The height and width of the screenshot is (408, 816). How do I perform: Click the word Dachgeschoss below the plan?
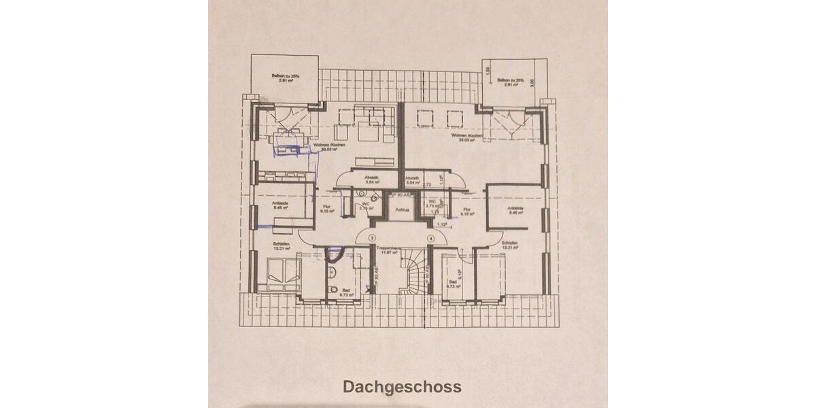402,387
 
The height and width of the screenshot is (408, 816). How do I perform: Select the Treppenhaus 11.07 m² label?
388,250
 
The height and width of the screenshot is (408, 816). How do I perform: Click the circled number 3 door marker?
371,238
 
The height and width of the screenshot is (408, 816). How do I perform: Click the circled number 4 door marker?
431,238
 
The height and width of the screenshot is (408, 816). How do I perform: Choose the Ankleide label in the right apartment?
515,209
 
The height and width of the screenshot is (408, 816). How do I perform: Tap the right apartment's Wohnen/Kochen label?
471,137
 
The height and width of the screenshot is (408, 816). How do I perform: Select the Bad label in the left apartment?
346,289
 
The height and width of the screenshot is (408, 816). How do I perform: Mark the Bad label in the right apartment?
452,282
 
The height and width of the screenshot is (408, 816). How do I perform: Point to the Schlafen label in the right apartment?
510,244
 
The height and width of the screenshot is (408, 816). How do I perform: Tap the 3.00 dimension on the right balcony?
532,81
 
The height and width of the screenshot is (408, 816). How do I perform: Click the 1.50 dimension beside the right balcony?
487,69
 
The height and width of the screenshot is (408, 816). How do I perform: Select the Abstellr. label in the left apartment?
371,179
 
